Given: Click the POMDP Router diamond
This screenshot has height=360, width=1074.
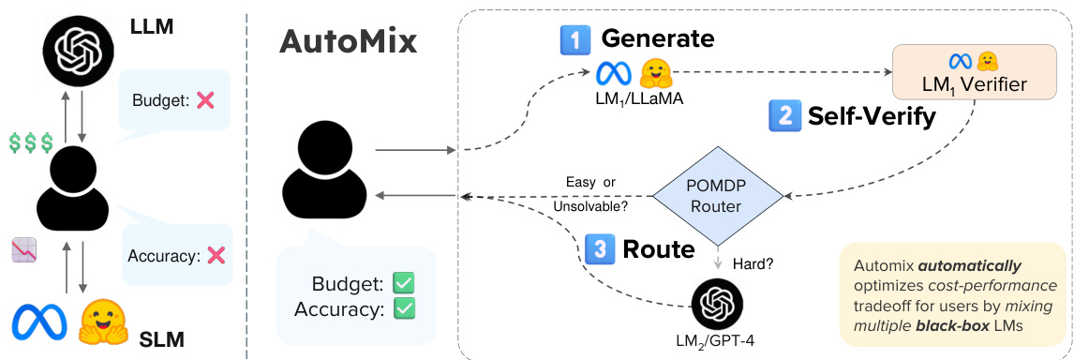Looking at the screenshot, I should pos(717,195).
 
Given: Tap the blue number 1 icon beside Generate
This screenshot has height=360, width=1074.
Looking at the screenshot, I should pos(574,39).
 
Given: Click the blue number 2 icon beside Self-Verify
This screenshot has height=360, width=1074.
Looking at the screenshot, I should pos(783,115).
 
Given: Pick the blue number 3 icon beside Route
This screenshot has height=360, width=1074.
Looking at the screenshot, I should pos(599,248).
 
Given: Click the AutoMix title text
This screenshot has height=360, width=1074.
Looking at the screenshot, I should pos(348,42).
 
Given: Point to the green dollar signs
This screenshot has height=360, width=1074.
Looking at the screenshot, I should pos(30,142).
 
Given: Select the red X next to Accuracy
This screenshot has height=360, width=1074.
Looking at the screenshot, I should pos(216,254).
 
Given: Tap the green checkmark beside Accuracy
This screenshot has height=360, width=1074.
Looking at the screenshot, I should pos(404,307).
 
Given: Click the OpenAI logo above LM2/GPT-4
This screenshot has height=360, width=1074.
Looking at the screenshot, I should pos(717,304).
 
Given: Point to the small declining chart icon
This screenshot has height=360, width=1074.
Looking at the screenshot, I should pos(23,249).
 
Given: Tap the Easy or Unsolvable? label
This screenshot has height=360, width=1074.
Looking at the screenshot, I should pos(596,192).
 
